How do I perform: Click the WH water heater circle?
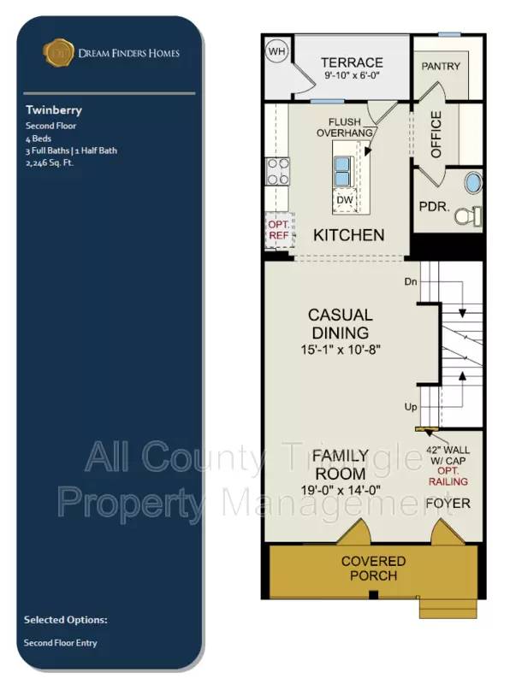point(276,51)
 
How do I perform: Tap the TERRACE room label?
point(352,62)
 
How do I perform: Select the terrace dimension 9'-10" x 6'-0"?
point(352,75)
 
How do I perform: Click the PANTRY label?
point(441,67)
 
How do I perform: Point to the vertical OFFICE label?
point(436,134)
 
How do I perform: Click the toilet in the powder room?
point(468,216)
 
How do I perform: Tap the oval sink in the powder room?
point(473,183)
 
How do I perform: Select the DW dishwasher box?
point(345,200)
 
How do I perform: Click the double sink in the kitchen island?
point(342,172)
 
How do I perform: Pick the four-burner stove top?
point(278,172)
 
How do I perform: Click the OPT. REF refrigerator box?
point(280,230)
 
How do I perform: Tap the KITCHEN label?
point(349,235)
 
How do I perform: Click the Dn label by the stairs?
point(411,282)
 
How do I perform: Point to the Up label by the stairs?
point(411,407)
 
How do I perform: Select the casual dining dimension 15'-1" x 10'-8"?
point(341,350)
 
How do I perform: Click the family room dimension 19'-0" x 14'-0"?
point(341,490)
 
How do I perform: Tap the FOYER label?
point(448,504)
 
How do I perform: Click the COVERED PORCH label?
point(373,569)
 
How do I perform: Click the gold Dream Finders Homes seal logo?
point(57,53)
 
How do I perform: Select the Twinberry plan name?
point(54,110)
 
